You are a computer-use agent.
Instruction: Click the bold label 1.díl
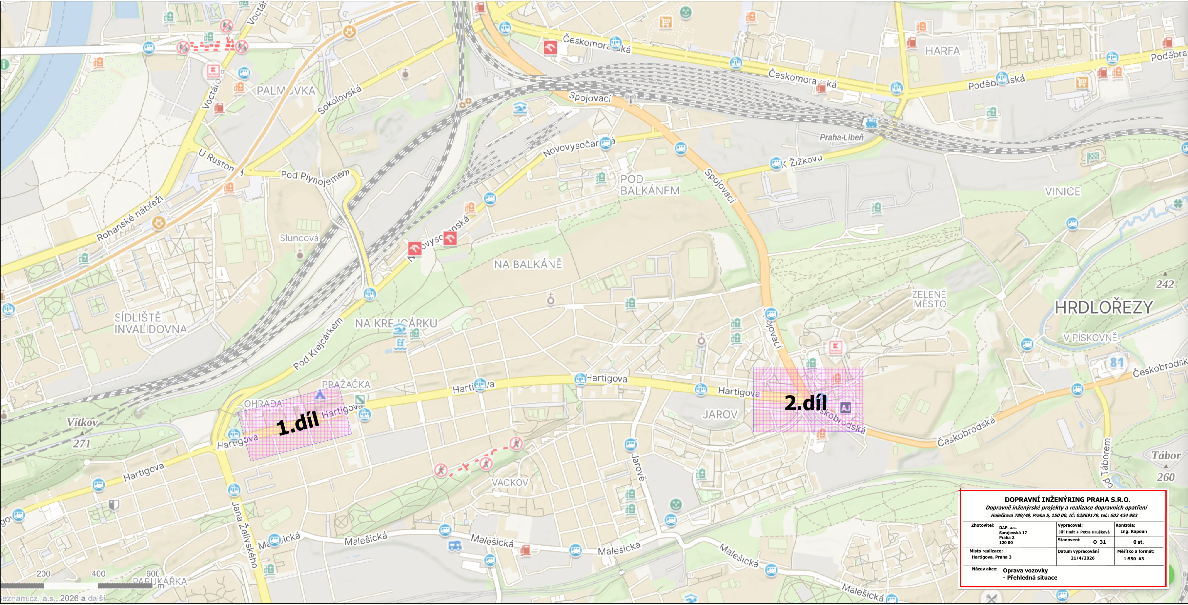coord(298,423)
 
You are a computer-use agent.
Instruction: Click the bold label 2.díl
coord(806,403)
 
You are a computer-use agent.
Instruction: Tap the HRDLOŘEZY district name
coord(1104,307)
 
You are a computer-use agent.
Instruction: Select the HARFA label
coord(942,51)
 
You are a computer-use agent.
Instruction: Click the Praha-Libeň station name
coord(841,137)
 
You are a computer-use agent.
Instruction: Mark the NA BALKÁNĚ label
coord(528,264)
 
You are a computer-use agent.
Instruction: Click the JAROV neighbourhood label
coord(719,415)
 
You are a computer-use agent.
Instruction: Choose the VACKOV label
coord(510,482)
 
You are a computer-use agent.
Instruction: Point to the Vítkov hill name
coord(82,422)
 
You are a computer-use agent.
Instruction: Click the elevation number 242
coord(1165,284)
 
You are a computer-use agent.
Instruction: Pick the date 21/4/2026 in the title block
coord(1082,558)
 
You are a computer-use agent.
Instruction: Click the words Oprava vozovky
coord(1025,570)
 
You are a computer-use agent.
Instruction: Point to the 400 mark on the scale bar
coord(99,573)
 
